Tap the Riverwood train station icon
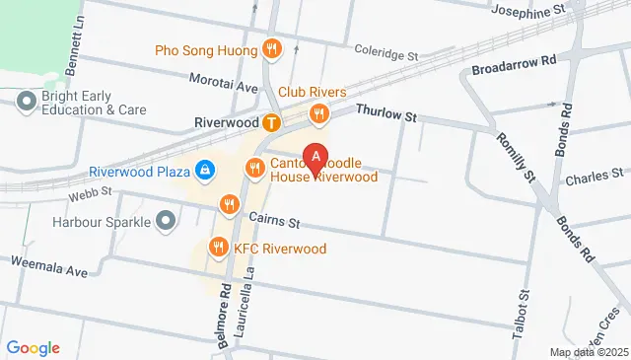(x=271, y=123)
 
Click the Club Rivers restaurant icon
(x=318, y=114)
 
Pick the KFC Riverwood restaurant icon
(x=218, y=249)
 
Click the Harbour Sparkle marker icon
(x=165, y=220)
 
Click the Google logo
(x=33, y=347)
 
